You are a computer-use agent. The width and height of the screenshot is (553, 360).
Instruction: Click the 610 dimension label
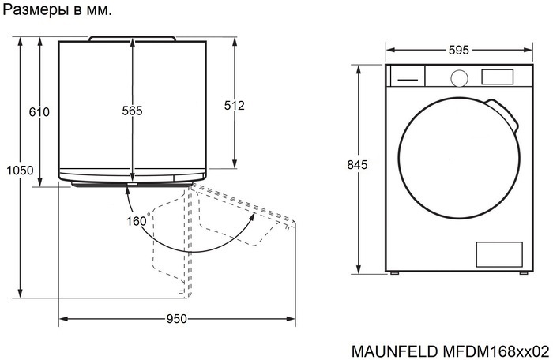click(39, 112)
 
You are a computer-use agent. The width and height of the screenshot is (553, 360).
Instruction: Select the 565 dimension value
click(132, 112)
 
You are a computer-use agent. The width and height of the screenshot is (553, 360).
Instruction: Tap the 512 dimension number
click(235, 105)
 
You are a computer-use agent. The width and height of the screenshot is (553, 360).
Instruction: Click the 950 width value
click(176, 320)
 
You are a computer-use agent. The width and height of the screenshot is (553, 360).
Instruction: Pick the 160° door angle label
click(137, 221)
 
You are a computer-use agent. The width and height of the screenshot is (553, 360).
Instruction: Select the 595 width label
click(458, 50)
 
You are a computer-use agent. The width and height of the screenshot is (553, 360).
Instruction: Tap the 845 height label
click(358, 165)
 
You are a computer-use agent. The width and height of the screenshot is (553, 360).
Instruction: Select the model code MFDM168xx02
click(491, 350)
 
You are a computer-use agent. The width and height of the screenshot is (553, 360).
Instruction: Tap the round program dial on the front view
click(458, 77)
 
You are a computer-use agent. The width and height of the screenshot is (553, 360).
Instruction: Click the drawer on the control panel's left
click(407, 78)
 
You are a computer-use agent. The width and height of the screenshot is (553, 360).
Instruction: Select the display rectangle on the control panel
click(498, 77)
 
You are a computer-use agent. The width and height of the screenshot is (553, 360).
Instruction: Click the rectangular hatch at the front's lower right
click(498, 254)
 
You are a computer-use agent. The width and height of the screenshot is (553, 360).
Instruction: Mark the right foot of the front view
click(522, 272)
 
